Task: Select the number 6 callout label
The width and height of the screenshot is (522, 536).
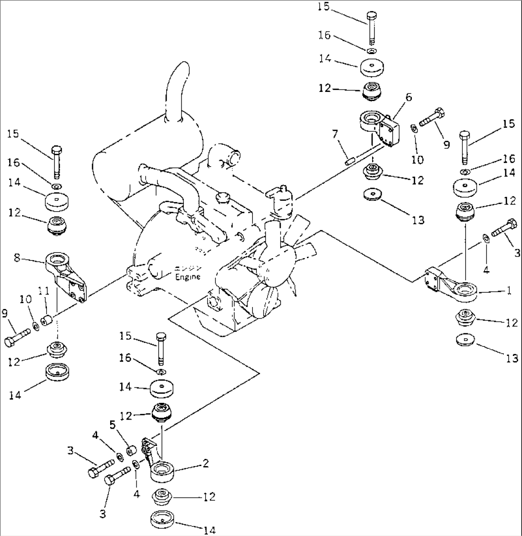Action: click(409, 97)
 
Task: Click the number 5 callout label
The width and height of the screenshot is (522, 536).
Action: click(113, 424)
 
